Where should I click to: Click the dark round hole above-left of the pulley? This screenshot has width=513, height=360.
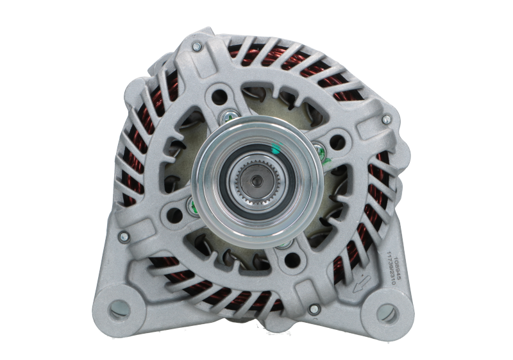point(221,97)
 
